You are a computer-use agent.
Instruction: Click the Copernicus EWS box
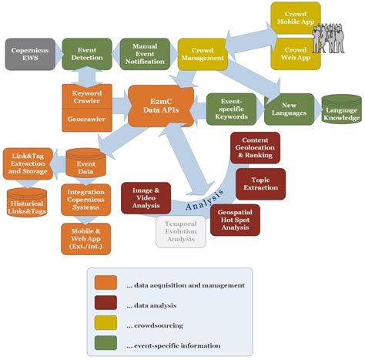[x=28, y=53]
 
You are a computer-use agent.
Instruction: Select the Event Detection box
[x=85, y=53]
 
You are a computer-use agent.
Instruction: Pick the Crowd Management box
[x=202, y=53]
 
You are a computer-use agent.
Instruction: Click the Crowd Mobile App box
[x=295, y=17]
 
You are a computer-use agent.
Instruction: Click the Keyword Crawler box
[x=87, y=96]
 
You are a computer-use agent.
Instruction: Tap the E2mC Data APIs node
[x=160, y=106]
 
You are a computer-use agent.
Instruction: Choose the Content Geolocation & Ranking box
[x=255, y=147]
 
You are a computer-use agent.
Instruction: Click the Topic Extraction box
[x=260, y=184]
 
